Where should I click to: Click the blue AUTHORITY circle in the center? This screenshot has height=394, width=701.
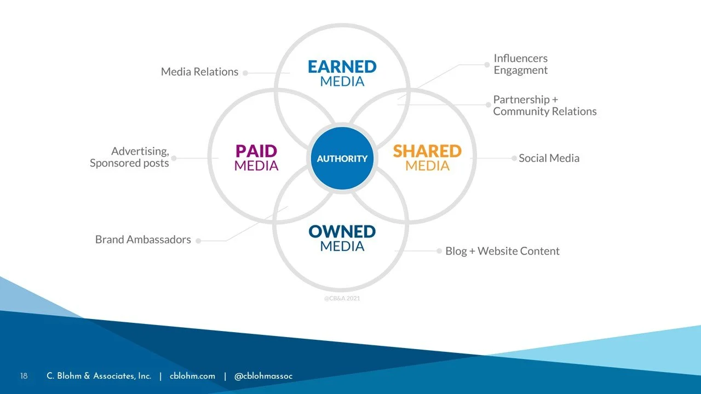(342, 159)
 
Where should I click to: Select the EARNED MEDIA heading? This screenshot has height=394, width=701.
(342, 73)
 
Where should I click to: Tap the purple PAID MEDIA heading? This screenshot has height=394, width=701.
(256, 158)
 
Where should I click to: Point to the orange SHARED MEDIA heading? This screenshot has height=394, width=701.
(427, 158)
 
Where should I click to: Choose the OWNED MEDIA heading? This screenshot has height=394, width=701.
(342, 238)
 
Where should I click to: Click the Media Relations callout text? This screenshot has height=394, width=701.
(199, 72)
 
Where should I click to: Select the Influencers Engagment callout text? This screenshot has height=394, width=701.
(520, 64)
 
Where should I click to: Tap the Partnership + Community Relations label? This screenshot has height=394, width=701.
(544, 105)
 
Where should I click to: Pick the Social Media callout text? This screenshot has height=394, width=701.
(549, 158)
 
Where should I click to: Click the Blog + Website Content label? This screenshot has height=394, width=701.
(502, 251)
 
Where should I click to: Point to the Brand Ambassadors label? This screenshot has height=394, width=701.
(143, 240)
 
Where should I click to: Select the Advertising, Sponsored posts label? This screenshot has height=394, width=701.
(130, 157)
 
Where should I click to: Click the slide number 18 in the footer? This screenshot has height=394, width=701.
(24, 376)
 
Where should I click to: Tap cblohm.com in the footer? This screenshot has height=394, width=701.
(192, 376)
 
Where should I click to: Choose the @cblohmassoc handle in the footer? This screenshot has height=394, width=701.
(263, 376)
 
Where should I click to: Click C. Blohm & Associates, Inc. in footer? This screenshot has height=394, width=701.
(99, 376)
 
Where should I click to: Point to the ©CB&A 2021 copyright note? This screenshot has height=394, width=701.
(342, 298)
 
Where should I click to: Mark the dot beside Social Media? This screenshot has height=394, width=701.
(514, 158)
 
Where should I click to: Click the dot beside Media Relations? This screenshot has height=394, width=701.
(245, 72)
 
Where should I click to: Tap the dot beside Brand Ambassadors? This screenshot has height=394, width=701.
(198, 241)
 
